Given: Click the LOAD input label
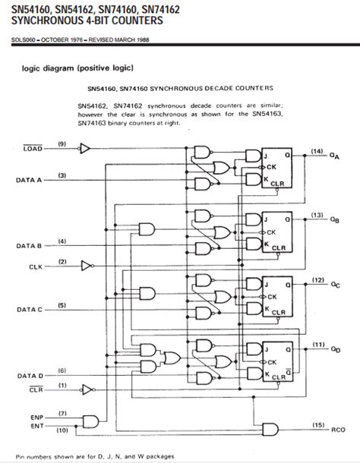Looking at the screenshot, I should point(27,150).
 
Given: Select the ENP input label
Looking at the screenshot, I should point(36,417).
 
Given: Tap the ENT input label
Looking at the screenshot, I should point(36,427).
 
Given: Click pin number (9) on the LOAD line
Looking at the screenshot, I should point(62,143).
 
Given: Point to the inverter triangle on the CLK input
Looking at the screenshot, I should point(88,266).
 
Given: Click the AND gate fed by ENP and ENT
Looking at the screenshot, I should point(92,422).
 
